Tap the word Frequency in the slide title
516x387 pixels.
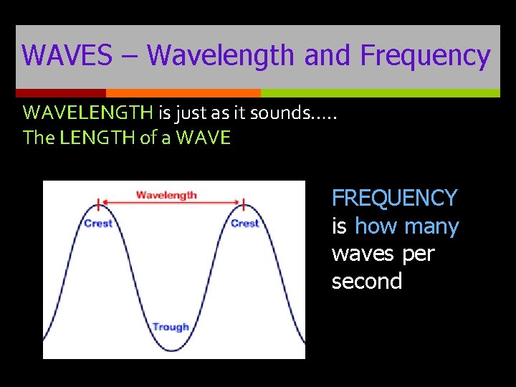(x=425, y=56)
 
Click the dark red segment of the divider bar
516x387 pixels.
(x=61, y=93)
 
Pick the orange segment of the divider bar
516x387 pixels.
(x=183, y=93)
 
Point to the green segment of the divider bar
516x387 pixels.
(x=380, y=93)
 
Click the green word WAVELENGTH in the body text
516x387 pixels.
(x=87, y=113)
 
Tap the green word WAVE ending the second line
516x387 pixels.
(x=204, y=138)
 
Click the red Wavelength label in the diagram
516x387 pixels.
(x=166, y=195)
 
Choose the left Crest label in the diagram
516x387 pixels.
(x=98, y=224)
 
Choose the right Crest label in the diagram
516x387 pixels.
(x=244, y=224)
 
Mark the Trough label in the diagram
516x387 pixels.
(x=171, y=327)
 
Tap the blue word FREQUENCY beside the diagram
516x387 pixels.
(x=394, y=198)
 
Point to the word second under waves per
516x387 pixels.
(x=366, y=282)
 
